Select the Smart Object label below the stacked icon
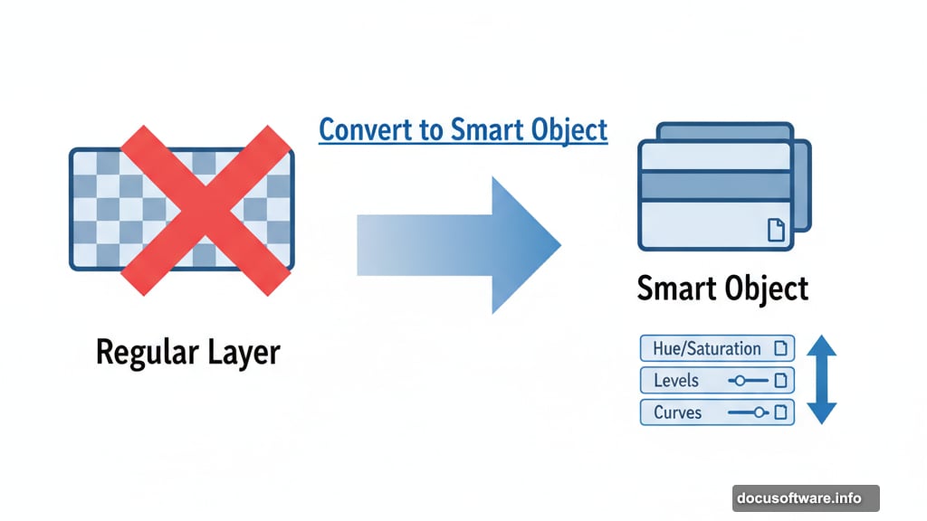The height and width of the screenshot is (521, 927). click(x=722, y=289)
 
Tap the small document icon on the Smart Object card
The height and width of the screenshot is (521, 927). click(x=776, y=230)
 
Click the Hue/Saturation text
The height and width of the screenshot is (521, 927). click(x=706, y=348)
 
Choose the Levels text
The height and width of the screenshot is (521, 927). click(x=675, y=380)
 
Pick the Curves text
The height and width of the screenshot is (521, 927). click(x=677, y=412)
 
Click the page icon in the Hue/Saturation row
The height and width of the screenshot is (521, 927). click(x=781, y=348)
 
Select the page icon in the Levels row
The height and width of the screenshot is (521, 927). click(x=781, y=380)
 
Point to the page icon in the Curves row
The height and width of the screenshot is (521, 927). click(x=781, y=412)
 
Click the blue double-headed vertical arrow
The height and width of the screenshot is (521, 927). click(x=821, y=379)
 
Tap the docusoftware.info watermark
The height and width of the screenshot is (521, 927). click(x=805, y=498)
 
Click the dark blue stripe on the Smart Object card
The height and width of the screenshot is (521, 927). click(x=715, y=185)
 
